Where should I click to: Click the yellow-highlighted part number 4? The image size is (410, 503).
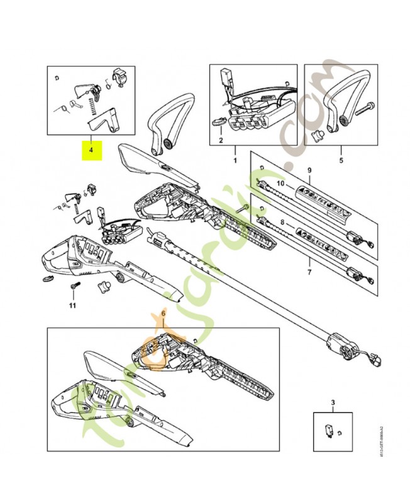91,150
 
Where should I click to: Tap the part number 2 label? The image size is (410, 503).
221,140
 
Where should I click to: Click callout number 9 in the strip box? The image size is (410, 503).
309,170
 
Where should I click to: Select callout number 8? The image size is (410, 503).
282,222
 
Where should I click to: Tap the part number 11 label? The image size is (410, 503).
72,306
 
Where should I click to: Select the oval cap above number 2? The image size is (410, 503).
219,121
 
